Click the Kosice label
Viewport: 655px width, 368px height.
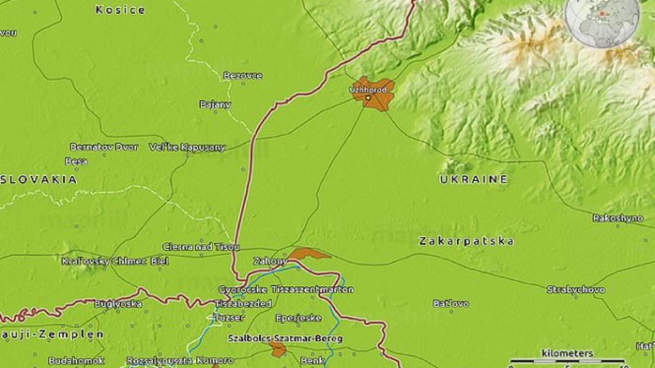[120, 10]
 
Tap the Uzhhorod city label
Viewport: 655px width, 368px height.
[371, 89]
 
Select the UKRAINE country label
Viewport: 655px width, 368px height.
[474, 179]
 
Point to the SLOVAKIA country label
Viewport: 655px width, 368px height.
[38, 179]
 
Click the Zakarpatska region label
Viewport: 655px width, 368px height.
[466, 241]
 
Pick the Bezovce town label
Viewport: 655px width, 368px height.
[243, 76]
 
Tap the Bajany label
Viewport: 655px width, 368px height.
[215, 104]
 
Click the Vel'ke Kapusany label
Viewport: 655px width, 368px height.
[187, 147]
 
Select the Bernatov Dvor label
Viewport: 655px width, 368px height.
[104, 147]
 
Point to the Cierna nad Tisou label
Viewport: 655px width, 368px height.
[201, 247]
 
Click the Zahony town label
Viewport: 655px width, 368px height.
[270, 261]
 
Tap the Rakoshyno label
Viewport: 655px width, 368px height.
[618, 218]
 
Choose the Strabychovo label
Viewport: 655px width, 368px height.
[576, 290]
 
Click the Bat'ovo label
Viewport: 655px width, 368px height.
[451, 304]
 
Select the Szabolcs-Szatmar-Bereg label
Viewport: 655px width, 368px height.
[285, 339]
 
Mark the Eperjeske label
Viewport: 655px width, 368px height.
[299, 318]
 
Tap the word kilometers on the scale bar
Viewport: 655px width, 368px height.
[567, 353]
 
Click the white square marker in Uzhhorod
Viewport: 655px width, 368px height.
[368, 98]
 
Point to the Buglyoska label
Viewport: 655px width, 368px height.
[118, 304]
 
